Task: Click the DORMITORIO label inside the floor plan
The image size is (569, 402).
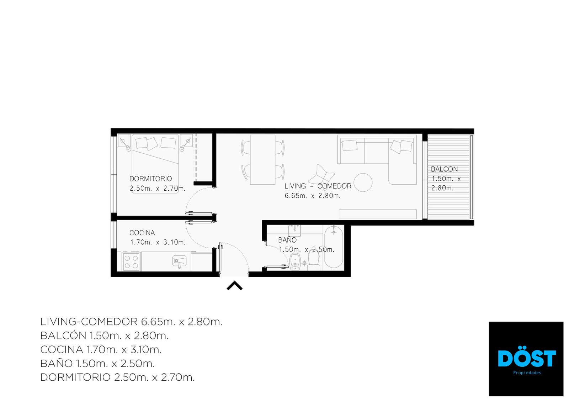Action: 151,179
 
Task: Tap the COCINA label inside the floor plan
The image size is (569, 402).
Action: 142,233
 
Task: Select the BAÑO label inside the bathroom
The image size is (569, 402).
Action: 287,240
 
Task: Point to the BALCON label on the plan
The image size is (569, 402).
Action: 444,169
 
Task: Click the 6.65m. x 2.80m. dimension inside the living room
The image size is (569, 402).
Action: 313,196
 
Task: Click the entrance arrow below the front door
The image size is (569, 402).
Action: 234,285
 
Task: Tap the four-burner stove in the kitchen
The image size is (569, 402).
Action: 131,262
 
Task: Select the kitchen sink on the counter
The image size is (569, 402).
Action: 179,261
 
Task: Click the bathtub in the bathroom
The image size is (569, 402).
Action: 334,247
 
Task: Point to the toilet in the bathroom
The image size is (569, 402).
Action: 314,260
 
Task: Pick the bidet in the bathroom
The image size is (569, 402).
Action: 295,261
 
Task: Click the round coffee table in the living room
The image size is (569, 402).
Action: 363,182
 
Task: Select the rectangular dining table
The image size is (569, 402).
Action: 263,160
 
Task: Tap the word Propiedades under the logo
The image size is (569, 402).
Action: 527,373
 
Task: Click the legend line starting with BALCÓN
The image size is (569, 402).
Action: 105,336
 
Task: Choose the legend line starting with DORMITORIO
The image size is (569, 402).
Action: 117,377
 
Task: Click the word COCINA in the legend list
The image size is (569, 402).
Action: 62,350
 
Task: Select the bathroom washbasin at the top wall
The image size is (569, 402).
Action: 295,231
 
